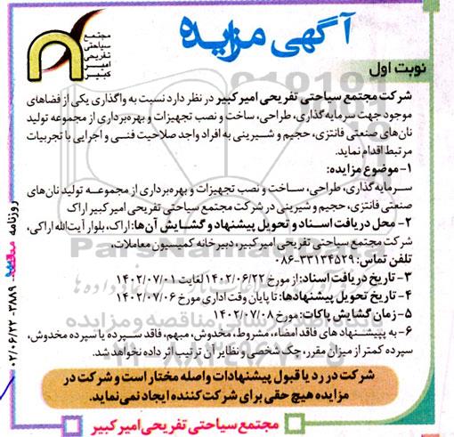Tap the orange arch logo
coord(57,60)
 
